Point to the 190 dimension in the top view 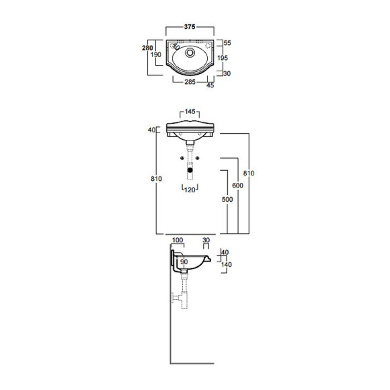tap(155, 55)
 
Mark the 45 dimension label tap(210, 85)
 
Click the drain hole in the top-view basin tap(190, 51)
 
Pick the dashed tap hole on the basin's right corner tap(207, 47)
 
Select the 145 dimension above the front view tap(190, 112)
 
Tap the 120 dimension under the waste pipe tap(190, 190)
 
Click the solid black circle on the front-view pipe tap(191, 170)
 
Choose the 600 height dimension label tap(237, 186)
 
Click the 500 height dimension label tap(227, 200)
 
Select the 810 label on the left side tap(156, 179)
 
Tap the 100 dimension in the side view tap(178, 240)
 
